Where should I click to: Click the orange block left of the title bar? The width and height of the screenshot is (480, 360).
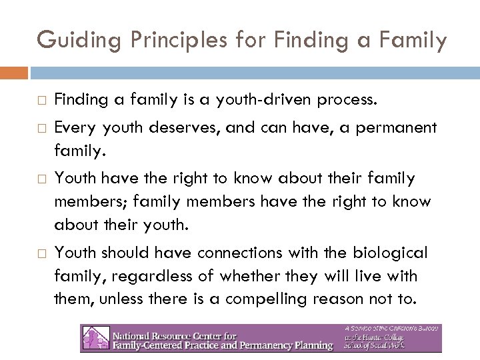point(14,72)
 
